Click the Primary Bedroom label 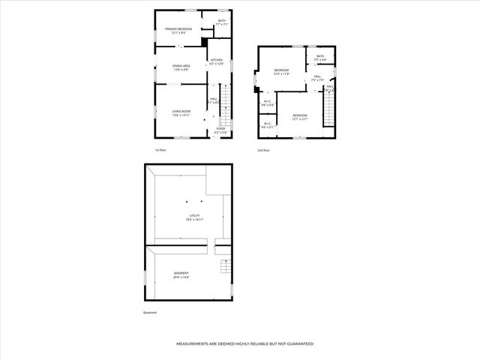[178, 31]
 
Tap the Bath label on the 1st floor [221, 22]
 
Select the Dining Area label [181, 67]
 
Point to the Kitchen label [216, 61]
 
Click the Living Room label [181, 112]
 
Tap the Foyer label [220, 130]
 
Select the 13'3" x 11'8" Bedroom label [281, 71]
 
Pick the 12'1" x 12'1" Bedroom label [300, 116]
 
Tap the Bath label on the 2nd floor [320, 58]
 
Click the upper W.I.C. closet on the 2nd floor [267, 103]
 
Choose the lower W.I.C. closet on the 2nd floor [267, 126]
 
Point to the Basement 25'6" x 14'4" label [181, 274]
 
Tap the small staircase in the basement [224, 267]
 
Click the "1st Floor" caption [160, 150]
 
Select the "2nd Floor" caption [263, 150]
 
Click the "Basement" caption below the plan [150, 313]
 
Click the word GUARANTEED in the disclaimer [296, 343]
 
